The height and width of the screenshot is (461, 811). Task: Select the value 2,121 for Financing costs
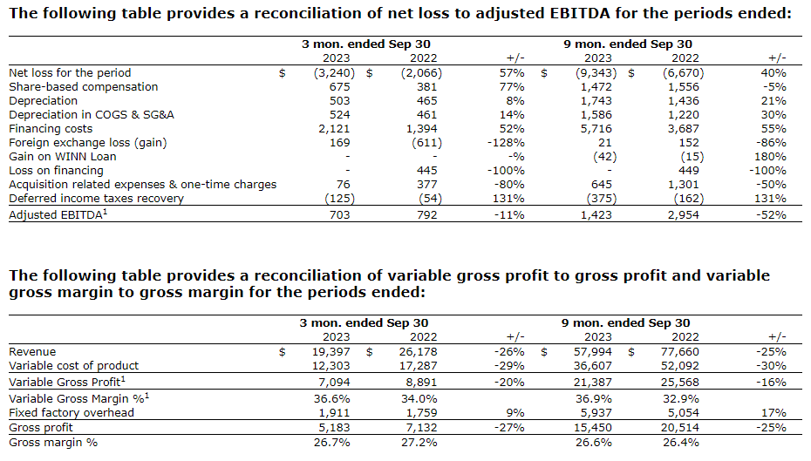(x=333, y=129)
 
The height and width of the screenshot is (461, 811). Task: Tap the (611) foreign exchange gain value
(x=426, y=143)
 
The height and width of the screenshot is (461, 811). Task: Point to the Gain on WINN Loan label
(x=63, y=157)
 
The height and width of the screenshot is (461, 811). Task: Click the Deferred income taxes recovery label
(x=96, y=199)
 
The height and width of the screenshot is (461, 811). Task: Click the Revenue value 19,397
(x=331, y=352)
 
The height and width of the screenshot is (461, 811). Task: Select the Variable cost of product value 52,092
(x=683, y=366)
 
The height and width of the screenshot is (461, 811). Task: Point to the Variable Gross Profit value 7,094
(x=333, y=383)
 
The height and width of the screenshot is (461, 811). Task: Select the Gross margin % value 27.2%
(x=424, y=443)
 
